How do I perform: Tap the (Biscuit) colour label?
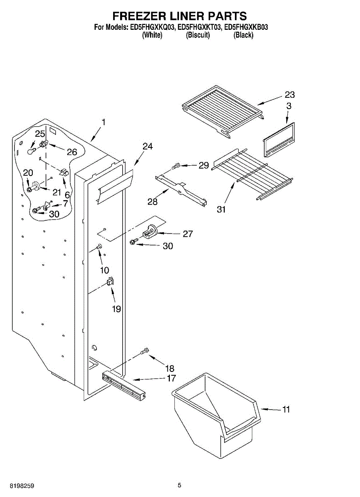pyautogui.click(x=198, y=35)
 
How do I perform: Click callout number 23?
pyautogui.click(x=290, y=95)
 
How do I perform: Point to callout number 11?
pyautogui.click(x=286, y=410)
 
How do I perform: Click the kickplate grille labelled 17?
pyautogui.click(x=124, y=386)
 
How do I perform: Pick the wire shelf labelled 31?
pyautogui.click(x=253, y=174)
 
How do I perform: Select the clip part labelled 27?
pyautogui.click(x=150, y=231)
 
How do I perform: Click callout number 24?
pyautogui.click(x=147, y=146)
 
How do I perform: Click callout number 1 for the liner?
pyautogui.click(x=104, y=122)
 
